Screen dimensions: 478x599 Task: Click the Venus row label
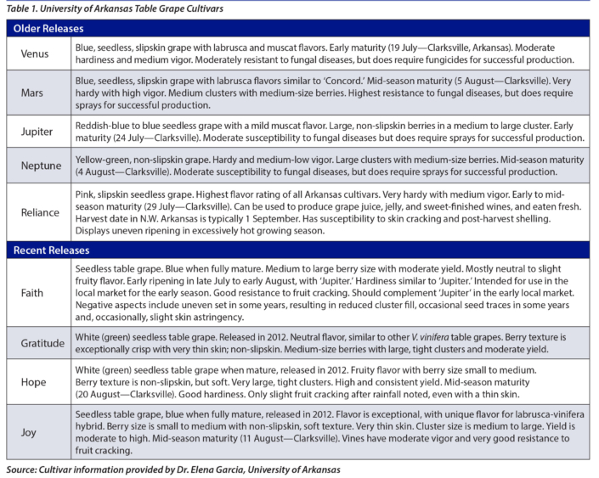(x=34, y=54)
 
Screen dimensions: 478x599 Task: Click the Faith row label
(x=32, y=293)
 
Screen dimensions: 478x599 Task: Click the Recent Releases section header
(x=52, y=250)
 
